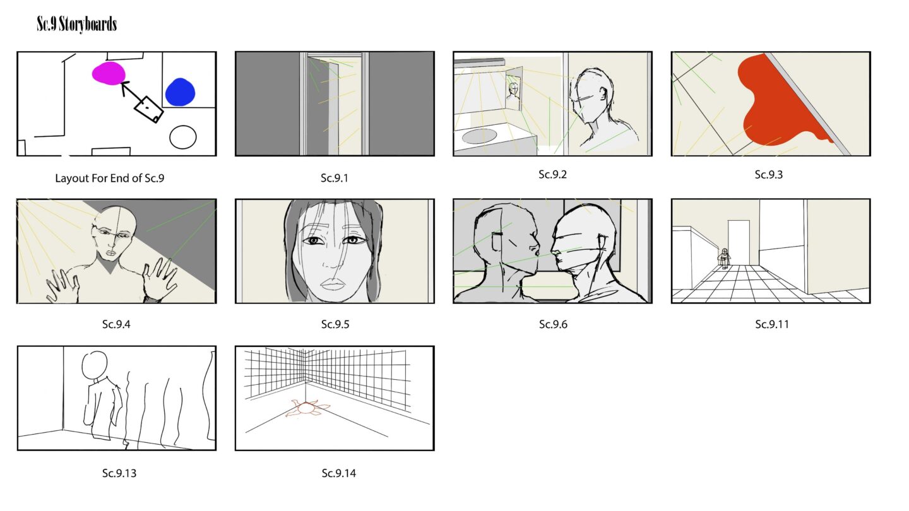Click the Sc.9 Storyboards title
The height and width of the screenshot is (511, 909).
click(x=77, y=24)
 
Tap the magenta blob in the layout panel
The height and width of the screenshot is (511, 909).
click(x=109, y=73)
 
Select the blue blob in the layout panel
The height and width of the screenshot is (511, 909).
click(x=180, y=92)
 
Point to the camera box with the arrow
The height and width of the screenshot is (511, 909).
click(x=148, y=109)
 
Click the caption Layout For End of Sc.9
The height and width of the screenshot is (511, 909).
click(x=110, y=178)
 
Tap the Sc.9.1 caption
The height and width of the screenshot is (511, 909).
click(x=335, y=178)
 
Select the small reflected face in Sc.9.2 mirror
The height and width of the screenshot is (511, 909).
click(x=513, y=91)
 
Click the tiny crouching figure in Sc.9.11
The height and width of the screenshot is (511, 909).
click(x=724, y=258)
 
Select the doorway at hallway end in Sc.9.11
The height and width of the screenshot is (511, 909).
click(x=739, y=242)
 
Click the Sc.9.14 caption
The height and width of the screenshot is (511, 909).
click(x=338, y=473)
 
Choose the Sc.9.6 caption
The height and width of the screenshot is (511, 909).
click(x=553, y=324)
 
